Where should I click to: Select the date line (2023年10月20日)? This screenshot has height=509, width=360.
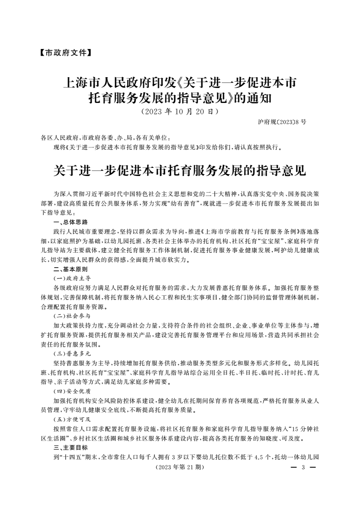point(180,111)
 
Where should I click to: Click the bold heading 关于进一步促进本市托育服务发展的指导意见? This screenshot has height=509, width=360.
point(180,171)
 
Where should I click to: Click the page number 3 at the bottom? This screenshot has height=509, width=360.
point(302,467)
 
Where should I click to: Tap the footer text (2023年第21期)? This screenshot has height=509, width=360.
point(180,467)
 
